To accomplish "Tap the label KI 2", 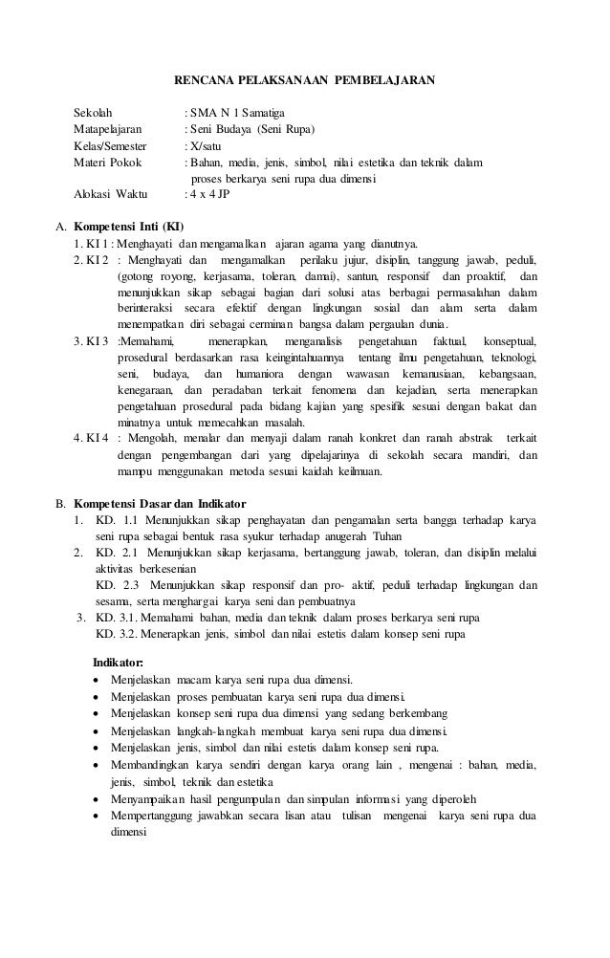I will (94, 260).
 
